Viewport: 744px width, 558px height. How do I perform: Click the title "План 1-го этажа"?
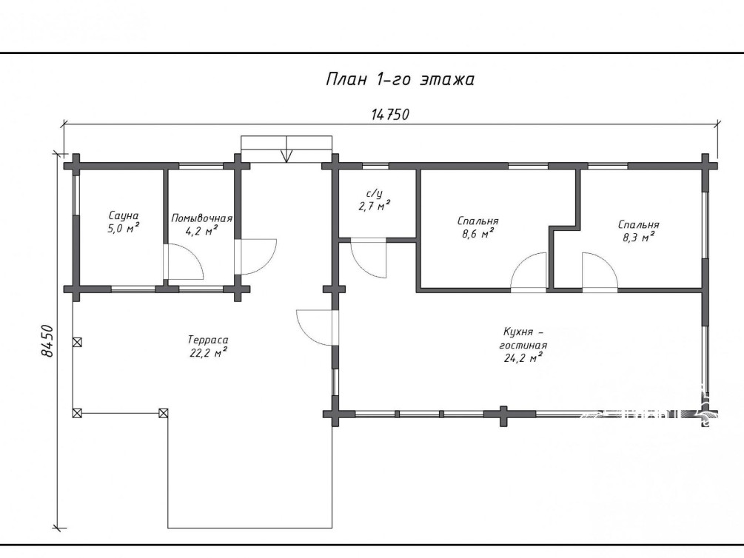(400, 79)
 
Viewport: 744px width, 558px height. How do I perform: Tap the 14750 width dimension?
(390, 115)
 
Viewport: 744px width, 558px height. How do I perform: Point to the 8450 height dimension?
(47, 340)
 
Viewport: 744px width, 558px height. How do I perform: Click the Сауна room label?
(124, 216)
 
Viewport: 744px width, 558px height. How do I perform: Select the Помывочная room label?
(201, 218)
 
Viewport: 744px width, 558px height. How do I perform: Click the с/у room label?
(375, 193)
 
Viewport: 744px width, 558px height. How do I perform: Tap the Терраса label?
(208, 340)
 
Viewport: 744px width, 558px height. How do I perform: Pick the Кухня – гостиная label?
(523, 338)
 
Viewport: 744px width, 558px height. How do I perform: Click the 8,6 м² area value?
(477, 233)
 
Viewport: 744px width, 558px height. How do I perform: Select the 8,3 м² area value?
(638, 237)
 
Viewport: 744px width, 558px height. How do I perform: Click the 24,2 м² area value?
(523, 357)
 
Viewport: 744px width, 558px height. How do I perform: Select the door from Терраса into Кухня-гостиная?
(317, 327)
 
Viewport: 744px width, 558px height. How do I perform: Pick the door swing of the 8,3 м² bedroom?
(600, 270)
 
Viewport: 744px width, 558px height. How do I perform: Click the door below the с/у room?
(369, 259)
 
